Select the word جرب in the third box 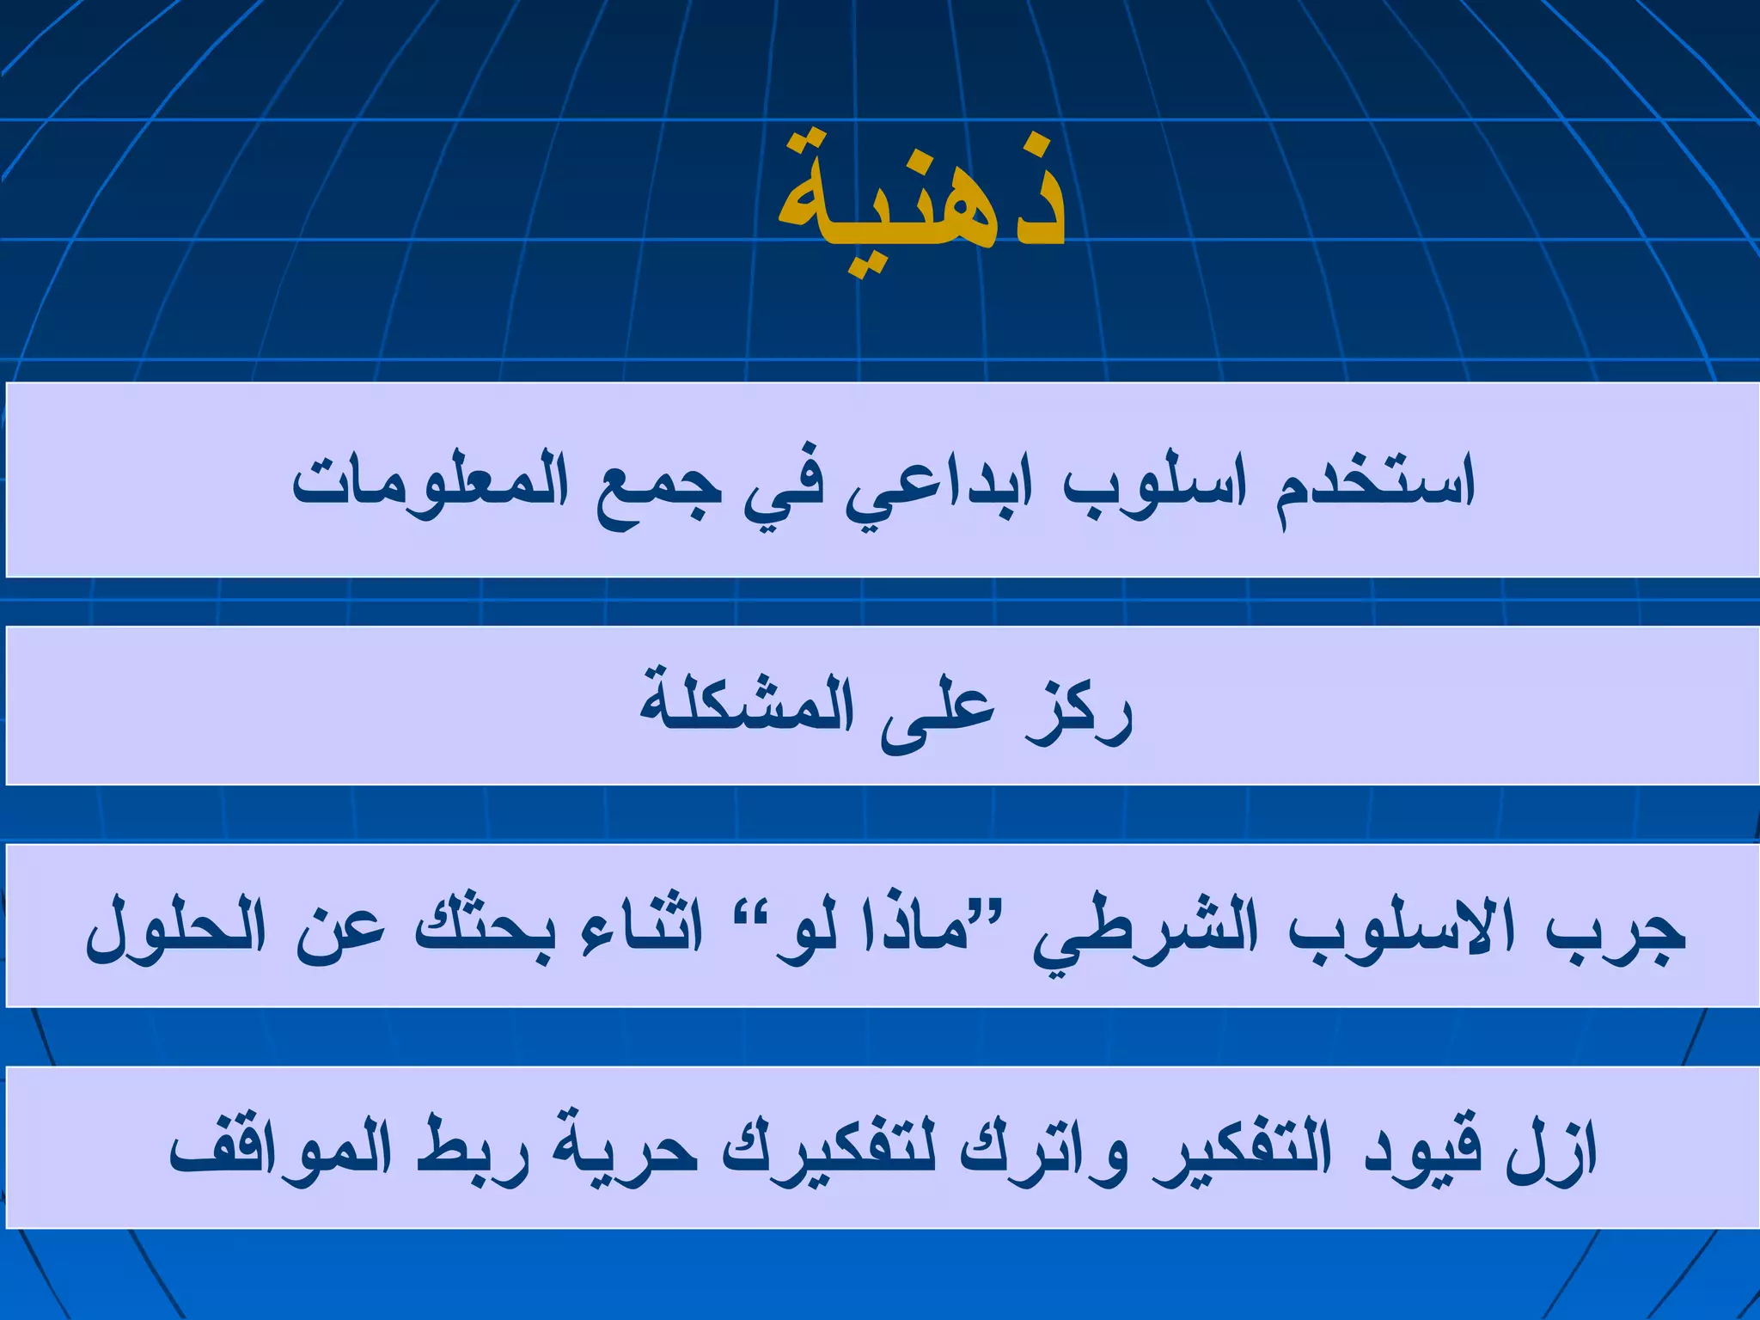[x=1616, y=932]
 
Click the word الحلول [x=176, y=932]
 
